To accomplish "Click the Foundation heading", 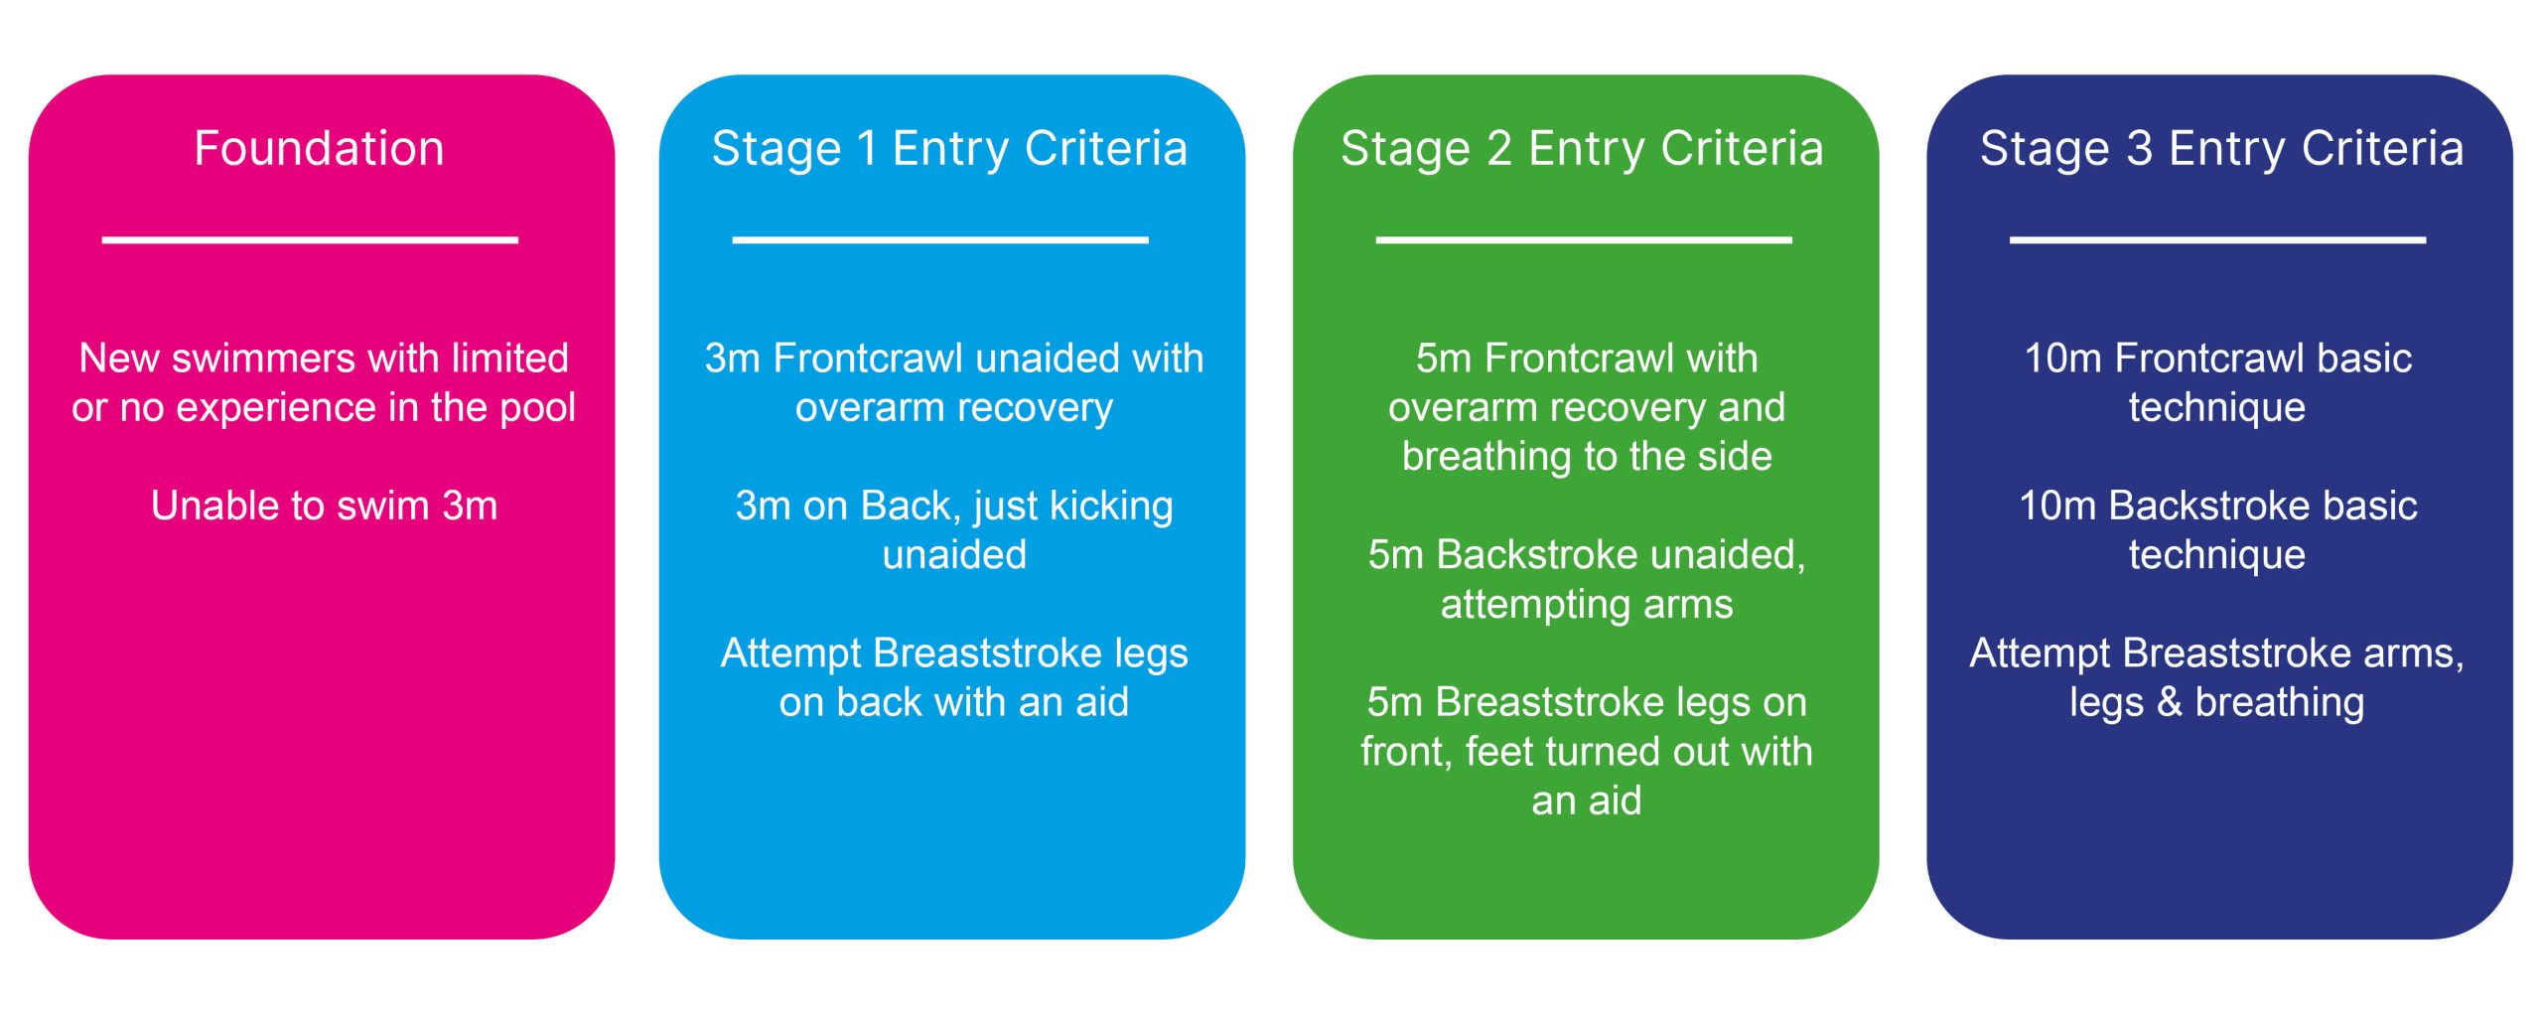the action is point(319,149).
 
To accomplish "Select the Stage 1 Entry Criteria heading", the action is point(950,150).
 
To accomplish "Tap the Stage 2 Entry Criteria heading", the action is point(1583,150).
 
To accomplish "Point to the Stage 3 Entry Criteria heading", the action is point(2221,150).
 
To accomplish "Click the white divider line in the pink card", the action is point(310,240).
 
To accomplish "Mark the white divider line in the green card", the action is point(1584,240).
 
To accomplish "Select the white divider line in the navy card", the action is point(2217,240).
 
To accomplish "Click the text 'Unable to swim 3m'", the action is point(324,506).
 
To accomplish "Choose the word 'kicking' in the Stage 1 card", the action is point(1111,507).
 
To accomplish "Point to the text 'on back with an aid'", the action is point(954,702).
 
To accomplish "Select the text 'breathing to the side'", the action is point(1587,457).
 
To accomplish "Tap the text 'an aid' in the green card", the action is point(1587,800).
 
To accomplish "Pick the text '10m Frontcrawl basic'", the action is point(2217,359).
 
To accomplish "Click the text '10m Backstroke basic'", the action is point(2217,506).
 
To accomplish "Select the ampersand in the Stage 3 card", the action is point(2169,702).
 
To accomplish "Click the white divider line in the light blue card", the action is point(940,240).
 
